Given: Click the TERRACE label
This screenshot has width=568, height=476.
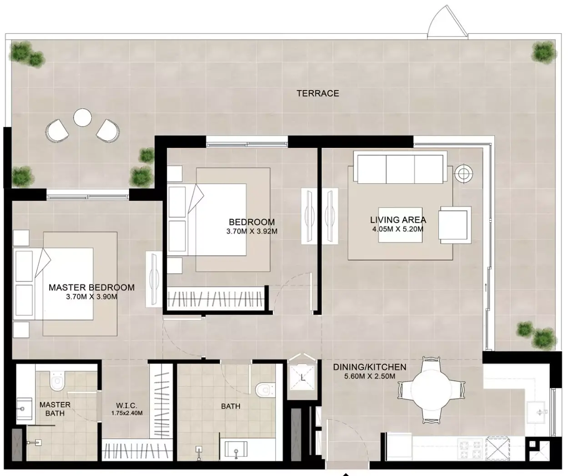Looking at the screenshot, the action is pos(318,93).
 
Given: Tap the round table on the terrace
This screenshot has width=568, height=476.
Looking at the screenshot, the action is pos(82,117).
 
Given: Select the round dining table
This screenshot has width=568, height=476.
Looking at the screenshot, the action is pos(431,390).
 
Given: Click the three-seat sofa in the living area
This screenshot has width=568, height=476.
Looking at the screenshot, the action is pos(400,167).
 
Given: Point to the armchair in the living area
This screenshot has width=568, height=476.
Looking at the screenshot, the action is pos(455,225).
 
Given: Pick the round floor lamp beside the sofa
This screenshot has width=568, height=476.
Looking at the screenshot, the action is pos(464,173).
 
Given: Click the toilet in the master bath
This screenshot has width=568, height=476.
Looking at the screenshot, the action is pos(57,381).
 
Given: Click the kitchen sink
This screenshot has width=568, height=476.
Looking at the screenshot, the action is pos(536,413).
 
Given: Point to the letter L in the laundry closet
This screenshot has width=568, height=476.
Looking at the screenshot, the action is pos(302,378).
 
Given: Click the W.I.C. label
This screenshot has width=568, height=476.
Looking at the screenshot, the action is pos(126,405).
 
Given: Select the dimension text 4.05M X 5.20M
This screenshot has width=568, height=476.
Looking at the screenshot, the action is pos(398,229).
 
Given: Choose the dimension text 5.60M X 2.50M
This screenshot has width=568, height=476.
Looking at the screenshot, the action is pos(370,376).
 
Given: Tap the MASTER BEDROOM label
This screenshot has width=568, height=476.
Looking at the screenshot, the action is pos(92,287).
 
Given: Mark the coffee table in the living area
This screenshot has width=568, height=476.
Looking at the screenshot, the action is pos(400,225).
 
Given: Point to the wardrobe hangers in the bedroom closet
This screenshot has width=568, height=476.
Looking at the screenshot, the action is pos(216,299).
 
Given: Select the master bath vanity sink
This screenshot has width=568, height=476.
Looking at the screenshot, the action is pos(25,409).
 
